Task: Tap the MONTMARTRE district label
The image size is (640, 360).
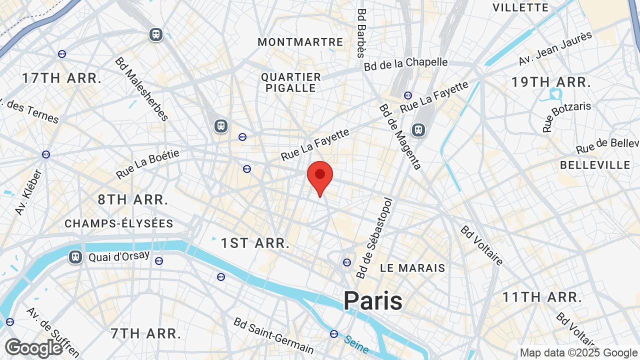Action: coord(300,42)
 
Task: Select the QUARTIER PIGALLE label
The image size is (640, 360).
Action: coord(291,82)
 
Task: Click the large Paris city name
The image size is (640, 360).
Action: coord(373,301)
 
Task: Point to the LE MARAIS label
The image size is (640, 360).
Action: coord(412,268)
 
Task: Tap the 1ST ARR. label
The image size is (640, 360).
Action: coord(255,243)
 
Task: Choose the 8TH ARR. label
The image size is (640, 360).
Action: coord(133,199)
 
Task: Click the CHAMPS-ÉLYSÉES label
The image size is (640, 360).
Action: coord(119,223)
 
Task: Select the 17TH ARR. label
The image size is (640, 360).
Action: coord(62,78)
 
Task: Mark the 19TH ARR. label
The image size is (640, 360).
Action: coord(551,82)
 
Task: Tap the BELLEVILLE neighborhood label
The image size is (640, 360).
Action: coord(595,165)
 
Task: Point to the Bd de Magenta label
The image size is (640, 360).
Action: coord(400,136)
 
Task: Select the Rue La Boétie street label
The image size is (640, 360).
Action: coord(147,164)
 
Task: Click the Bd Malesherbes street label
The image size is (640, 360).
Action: coord(142,89)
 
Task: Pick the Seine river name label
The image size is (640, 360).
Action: coord(356,344)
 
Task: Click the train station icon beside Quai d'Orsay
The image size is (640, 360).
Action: coord(75,257)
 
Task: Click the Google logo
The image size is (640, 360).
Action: coord(34,348)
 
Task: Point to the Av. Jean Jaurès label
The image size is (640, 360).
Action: coord(555,48)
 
